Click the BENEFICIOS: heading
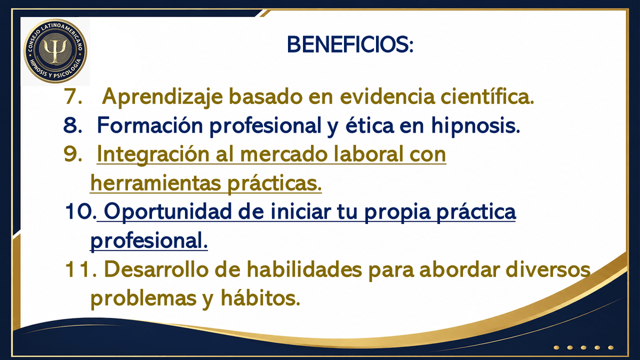click(350, 45)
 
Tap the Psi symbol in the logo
click(55, 51)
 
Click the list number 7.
click(73, 97)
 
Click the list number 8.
click(73, 125)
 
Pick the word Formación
click(150, 125)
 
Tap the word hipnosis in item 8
click(475, 126)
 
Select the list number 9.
click(73, 154)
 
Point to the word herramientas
click(156, 183)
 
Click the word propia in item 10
click(397, 213)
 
